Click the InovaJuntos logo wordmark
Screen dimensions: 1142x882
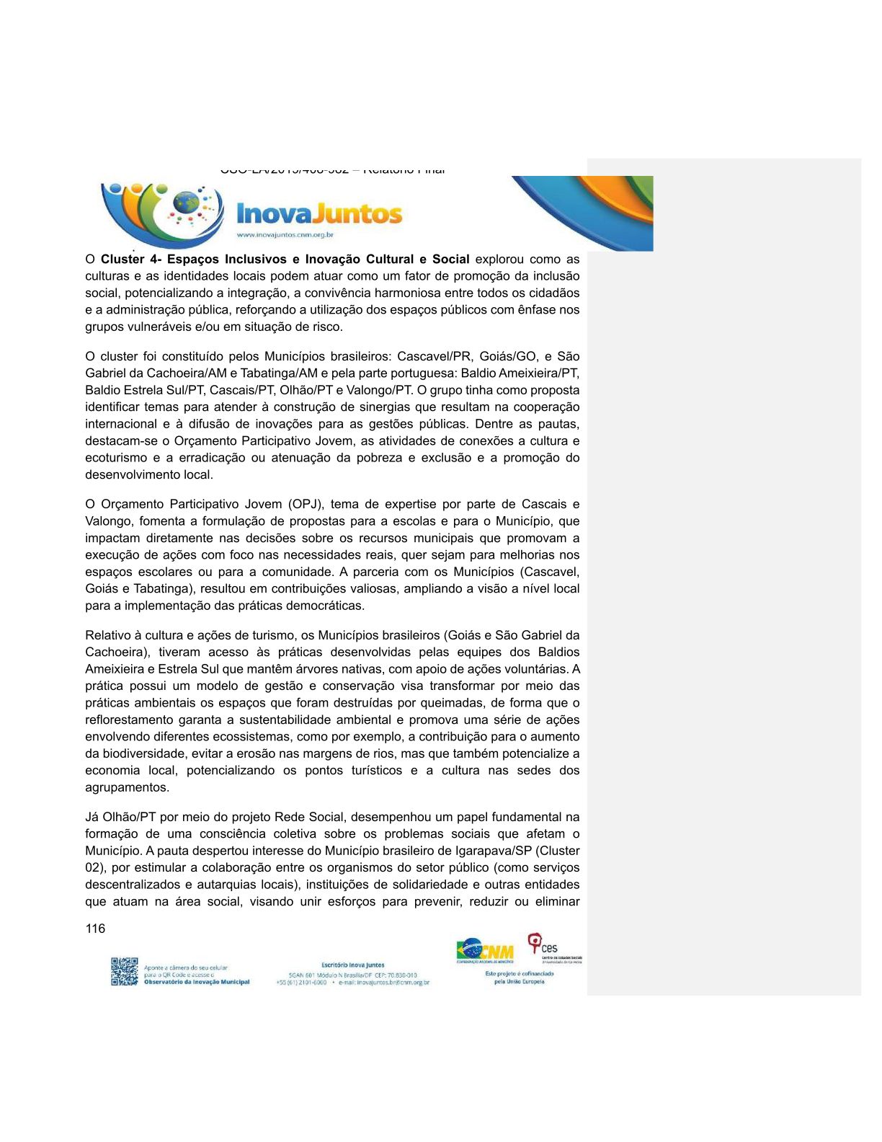(x=318, y=213)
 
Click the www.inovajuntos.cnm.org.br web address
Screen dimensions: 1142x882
(x=285, y=235)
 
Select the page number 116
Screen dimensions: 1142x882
(x=95, y=929)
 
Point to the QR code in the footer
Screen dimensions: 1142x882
(x=124, y=971)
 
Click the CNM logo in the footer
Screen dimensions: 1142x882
(x=485, y=951)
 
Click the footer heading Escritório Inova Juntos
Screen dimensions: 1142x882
(x=352, y=965)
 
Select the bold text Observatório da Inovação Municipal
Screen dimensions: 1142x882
(x=197, y=982)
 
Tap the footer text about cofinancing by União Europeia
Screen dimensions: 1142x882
(x=519, y=978)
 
